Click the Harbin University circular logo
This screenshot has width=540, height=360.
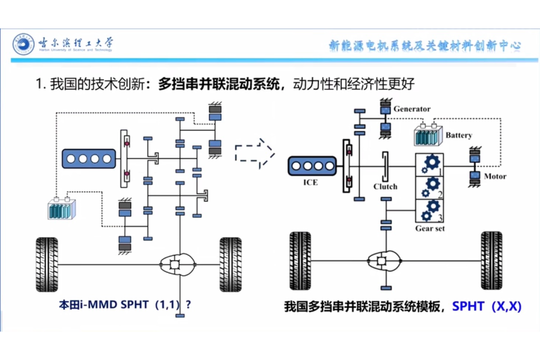point(23,44)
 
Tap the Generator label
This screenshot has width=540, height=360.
point(412,109)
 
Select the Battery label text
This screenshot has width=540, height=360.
point(458,135)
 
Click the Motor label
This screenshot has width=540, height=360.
point(495,176)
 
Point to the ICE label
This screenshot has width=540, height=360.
point(310,182)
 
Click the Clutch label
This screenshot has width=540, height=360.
point(385,186)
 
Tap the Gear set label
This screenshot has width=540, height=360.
point(430,228)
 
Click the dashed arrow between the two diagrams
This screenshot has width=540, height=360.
point(254,153)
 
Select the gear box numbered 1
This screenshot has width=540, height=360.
point(429,165)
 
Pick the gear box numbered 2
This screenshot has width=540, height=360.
point(429,188)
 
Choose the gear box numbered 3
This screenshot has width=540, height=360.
point(429,211)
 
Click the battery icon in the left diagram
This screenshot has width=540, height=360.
point(61,208)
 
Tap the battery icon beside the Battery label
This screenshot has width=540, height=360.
point(428,134)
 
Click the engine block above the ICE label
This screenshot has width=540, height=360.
point(312,166)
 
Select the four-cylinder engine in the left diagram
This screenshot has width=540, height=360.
point(89,159)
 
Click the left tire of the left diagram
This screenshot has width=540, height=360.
point(47,264)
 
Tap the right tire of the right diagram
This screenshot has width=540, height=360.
point(491,260)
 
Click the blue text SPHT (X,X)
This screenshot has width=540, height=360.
point(486,306)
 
